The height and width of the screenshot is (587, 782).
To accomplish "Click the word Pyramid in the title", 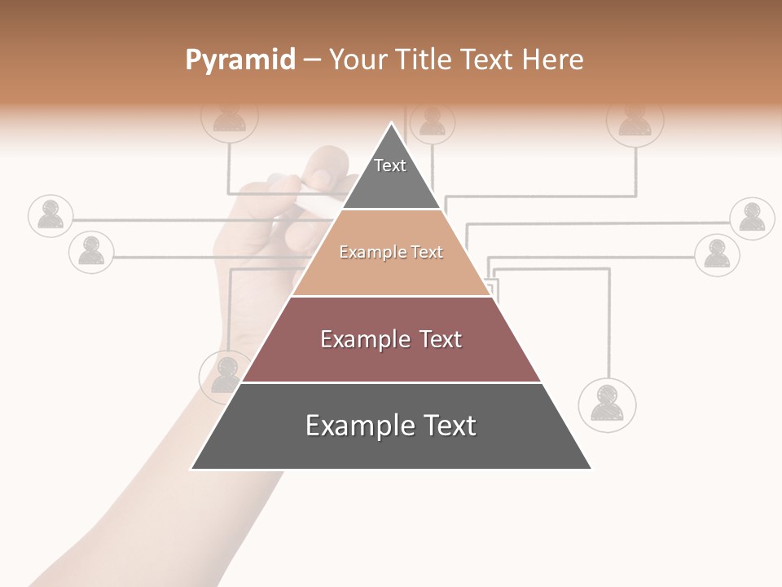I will point(239,60).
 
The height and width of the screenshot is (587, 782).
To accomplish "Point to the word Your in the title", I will point(358,60).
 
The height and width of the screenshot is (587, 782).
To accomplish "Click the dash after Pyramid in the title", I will point(312,60).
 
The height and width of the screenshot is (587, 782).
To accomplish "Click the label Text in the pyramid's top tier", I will point(390,166).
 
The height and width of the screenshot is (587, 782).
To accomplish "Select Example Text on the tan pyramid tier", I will point(391,252).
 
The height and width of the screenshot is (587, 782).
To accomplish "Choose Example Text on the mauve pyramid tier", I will point(391,339).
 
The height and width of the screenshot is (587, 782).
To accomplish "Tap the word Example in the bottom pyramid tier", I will point(353,426).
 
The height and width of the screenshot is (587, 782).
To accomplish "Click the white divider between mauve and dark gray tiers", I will point(391,382).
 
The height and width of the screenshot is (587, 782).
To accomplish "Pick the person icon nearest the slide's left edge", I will point(51,216).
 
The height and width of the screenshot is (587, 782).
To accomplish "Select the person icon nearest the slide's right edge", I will point(751,218).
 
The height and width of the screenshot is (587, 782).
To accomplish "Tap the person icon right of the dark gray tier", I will point(607,404).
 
